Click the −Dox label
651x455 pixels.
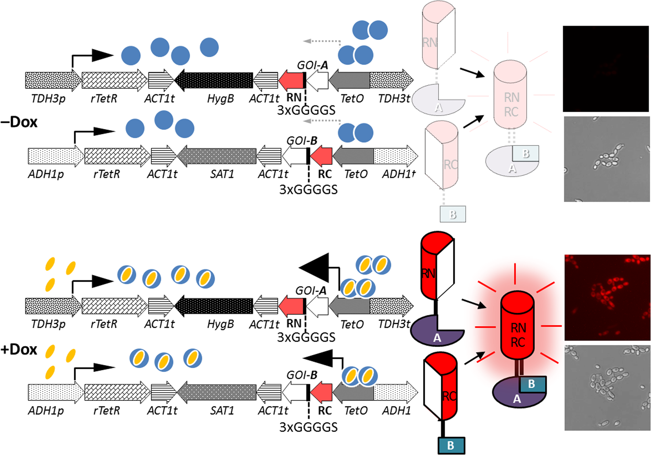click(19, 122)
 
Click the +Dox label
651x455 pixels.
click(19, 350)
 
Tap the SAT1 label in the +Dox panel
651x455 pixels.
click(222, 410)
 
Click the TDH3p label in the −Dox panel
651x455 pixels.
click(48, 99)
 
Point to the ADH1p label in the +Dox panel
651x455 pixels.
click(46, 410)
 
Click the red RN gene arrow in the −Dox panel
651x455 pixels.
click(291, 80)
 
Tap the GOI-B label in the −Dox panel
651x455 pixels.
click(302, 141)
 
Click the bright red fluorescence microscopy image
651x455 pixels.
click(607, 297)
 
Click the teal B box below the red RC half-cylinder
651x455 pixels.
click(451, 445)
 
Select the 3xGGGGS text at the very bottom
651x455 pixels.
click(308, 427)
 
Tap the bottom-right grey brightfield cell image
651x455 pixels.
click(607, 387)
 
